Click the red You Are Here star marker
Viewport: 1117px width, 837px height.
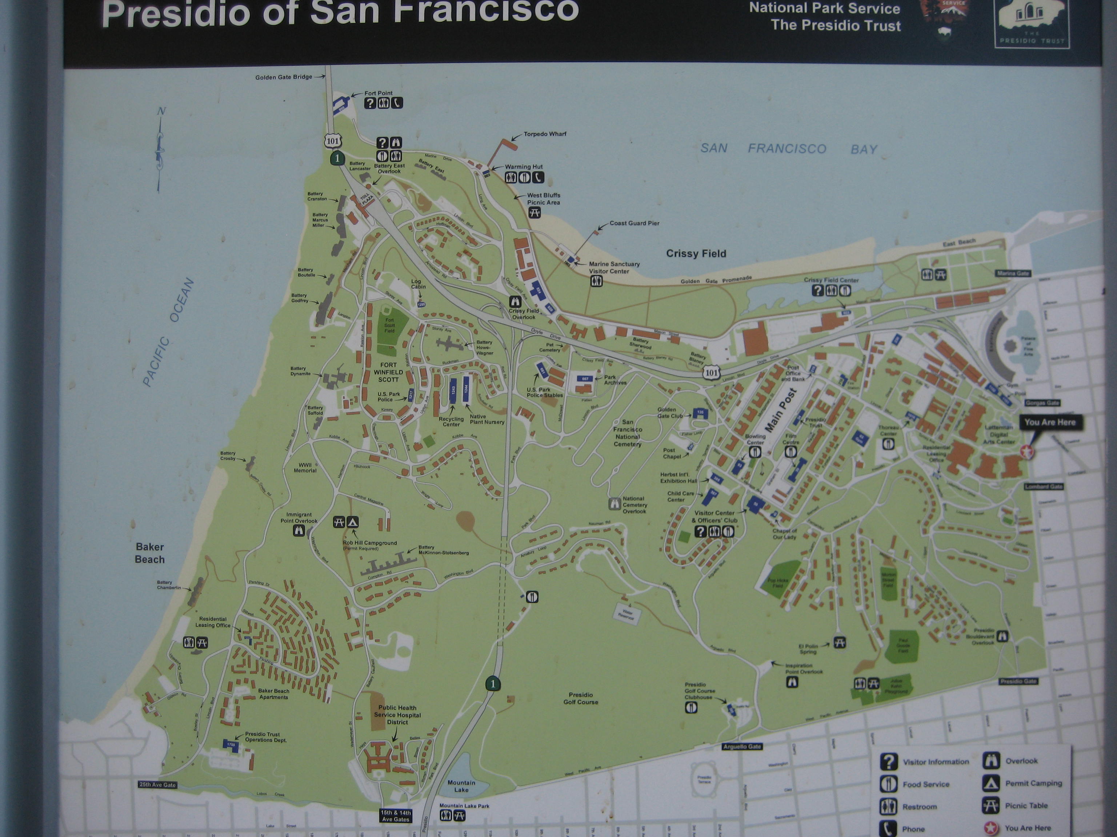[x=1026, y=452]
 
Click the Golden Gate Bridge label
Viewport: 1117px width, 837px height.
[x=283, y=77]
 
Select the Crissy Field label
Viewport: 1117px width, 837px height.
[x=696, y=254]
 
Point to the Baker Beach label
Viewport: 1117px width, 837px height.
[x=149, y=553]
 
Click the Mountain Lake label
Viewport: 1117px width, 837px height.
[x=461, y=786]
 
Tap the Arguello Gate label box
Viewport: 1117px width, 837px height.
[x=742, y=746]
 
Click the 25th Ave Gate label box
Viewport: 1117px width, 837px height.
[x=157, y=785]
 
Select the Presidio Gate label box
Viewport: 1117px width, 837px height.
[x=1018, y=681]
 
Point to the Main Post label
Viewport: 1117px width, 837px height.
[x=781, y=410]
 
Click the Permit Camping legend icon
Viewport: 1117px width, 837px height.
[x=991, y=783]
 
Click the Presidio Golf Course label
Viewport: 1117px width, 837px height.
[x=581, y=698]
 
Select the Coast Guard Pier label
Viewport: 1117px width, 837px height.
[x=634, y=223]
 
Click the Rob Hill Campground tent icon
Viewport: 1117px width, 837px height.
[x=352, y=522]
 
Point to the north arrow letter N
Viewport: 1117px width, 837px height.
[x=161, y=112]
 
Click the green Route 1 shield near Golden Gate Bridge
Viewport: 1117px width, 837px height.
[x=337, y=158]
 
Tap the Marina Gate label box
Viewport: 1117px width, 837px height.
[x=1013, y=273]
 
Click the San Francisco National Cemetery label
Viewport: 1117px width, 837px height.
[x=628, y=433]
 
